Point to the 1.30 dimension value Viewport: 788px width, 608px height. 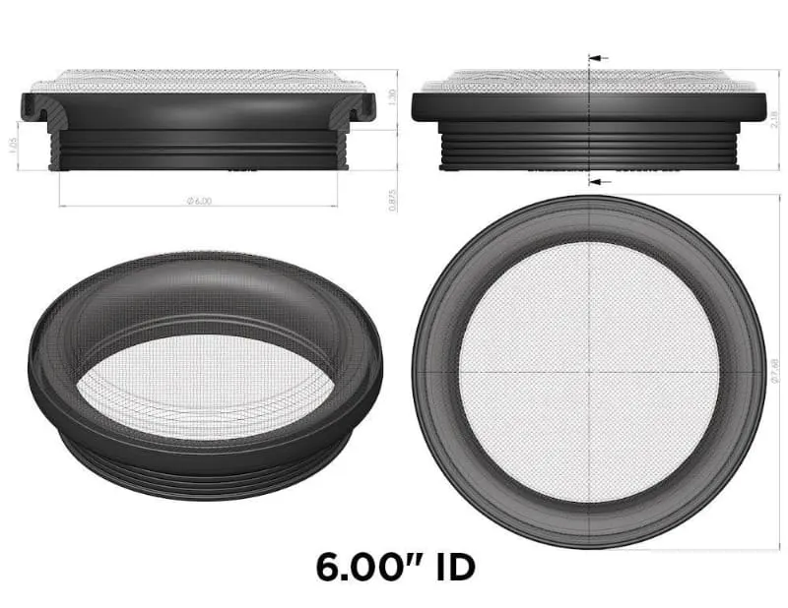393,98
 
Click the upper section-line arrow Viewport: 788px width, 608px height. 599,59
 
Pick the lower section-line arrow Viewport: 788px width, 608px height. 599,182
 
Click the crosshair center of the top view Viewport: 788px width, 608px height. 588,372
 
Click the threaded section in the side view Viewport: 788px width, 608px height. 588,148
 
